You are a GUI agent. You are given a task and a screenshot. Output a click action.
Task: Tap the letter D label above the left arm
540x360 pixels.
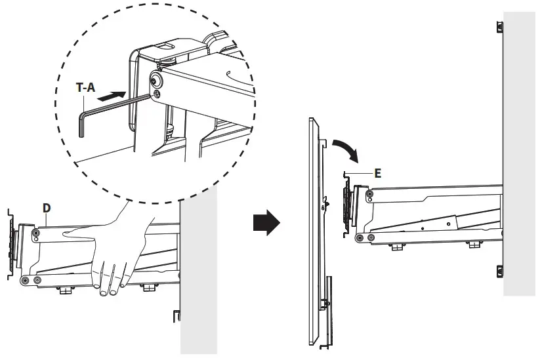pyautogui.click(x=47, y=208)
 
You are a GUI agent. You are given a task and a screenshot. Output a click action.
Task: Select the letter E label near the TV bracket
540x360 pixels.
pyautogui.click(x=377, y=173)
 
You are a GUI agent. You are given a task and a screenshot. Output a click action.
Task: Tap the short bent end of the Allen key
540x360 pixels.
pyautogui.click(x=81, y=125)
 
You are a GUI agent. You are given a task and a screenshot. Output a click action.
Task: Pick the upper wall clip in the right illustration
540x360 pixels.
pyautogui.click(x=500, y=27)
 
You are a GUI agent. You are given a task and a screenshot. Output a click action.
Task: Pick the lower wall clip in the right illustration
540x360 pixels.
pyautogui.click(x=499, y=270)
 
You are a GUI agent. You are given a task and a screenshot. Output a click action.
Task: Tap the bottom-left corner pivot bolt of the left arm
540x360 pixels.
pyautogui.click(x=26, y=281)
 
